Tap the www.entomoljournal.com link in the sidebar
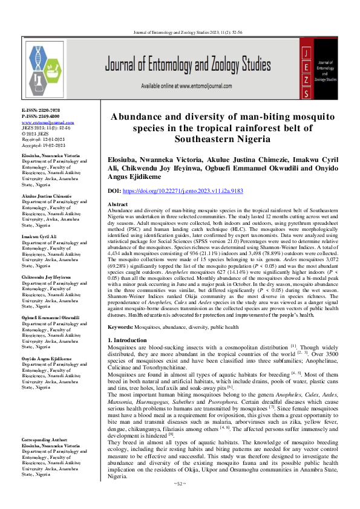(x=39, y=122)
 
